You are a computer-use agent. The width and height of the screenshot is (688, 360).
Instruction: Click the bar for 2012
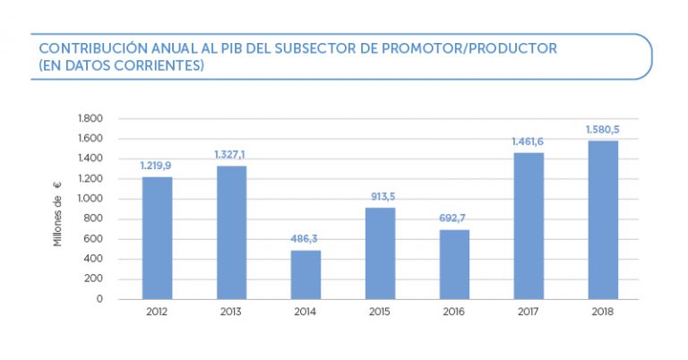click(157, 238)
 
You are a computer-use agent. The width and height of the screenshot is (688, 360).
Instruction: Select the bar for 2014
click(305, 274)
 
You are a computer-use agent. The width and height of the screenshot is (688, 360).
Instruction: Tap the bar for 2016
click(454, 264)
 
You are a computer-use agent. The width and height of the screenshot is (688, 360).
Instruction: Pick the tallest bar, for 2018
click(603, 219)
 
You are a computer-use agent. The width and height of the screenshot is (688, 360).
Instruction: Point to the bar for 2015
click(380, 253)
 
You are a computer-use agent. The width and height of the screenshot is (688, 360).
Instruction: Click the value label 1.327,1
click(230, 155)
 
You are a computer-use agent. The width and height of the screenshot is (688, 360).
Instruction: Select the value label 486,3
click(305, 239)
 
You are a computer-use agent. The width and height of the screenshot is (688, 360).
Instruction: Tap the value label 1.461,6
click(528, 141)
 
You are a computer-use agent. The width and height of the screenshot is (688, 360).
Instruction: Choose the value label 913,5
click(380, 196)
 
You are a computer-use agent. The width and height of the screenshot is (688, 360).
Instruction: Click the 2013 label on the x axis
click(231, 313)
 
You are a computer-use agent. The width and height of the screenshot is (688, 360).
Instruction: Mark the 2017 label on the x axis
click(529, 313)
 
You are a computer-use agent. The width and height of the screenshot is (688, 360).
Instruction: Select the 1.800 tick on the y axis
click(92, 118)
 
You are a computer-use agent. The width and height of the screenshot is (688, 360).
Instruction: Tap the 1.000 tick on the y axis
click(92, 199)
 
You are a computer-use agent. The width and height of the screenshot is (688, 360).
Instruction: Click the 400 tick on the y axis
click(95, 259)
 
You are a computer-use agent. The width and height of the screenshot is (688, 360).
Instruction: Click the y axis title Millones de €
click(58, 214)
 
